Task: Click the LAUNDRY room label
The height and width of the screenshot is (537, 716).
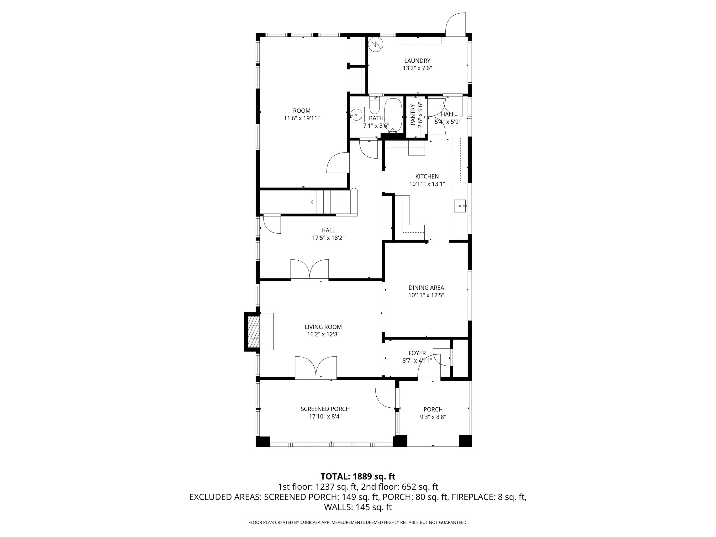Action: (x=417, y=61)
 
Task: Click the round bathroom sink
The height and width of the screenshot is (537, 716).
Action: (x=356, y=115)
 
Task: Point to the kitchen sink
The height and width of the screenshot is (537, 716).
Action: (x=460, y=206)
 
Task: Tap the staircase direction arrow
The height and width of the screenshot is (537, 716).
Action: (x=312, y=202)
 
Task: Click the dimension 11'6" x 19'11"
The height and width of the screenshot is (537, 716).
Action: (x=302, y=118)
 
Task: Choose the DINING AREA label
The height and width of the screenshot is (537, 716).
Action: (x=426, y=287)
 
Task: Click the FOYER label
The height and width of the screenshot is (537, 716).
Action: (x=417, y=353)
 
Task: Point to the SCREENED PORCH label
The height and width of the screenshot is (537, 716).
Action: (x=325, y=409)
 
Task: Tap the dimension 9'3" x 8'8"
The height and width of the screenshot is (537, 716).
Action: (x=433, y=417)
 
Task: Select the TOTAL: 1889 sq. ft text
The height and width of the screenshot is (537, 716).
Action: (x=358, y=476)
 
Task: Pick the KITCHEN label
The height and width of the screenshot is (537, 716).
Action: (x=427, y=176)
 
